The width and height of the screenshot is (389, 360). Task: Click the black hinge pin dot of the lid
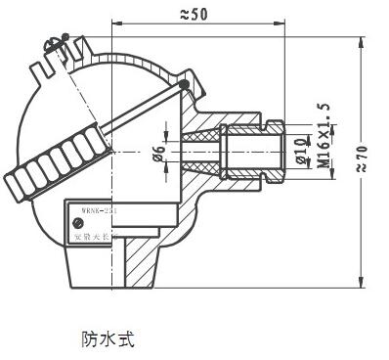(184, 85)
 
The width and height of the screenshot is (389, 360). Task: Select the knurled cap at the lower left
(48, 170)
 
